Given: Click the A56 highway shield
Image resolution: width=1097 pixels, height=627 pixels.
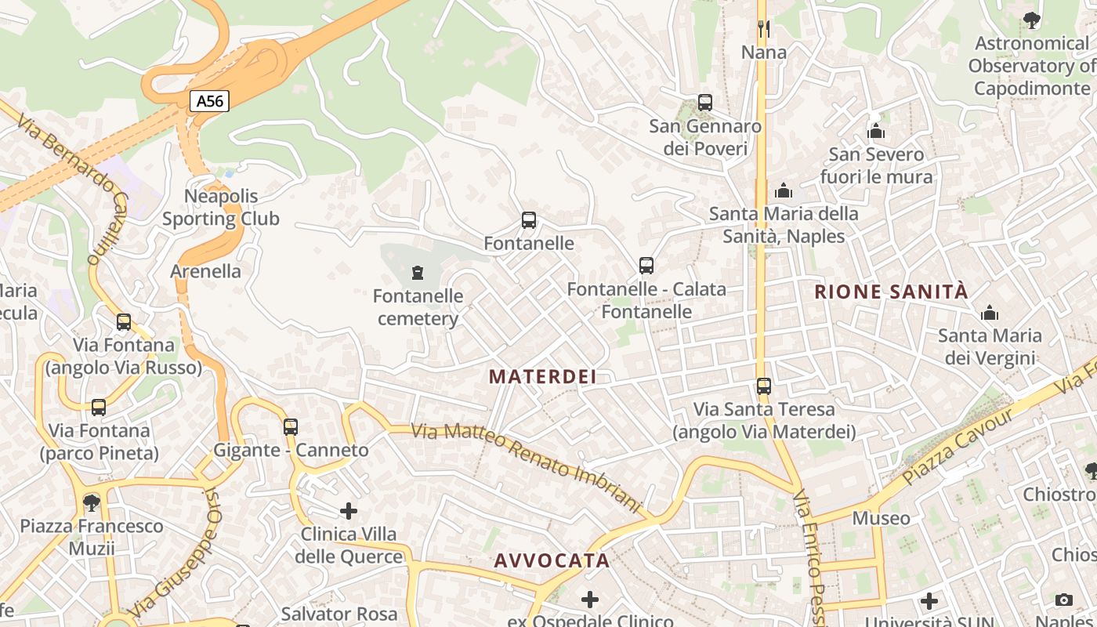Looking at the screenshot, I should point(209,101).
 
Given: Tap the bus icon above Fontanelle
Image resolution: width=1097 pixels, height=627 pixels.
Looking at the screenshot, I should point(529,220).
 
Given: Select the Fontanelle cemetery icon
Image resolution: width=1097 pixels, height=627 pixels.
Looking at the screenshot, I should point(418,273).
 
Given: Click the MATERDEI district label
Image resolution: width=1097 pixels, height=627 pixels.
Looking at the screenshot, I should point(543,377).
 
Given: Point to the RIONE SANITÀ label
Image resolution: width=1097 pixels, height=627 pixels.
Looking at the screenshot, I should point(891,292).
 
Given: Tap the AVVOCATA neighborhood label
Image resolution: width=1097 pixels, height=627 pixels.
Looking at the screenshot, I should point(552,561).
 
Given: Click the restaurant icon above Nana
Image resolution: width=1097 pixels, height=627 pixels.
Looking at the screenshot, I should point(764,29).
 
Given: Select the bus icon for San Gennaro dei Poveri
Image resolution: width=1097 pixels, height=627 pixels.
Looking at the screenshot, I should point(704,103).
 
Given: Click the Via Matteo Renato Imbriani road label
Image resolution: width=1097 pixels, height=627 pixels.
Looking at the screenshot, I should point(527,467).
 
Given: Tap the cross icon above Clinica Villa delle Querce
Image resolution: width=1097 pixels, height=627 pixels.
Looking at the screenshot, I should point(349,511).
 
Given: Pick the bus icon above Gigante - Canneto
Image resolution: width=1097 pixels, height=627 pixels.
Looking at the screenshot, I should point(291,427).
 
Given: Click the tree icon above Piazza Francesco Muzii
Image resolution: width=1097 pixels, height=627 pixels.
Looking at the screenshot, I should point(92,502).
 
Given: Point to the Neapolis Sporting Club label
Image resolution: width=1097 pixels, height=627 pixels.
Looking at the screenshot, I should point(221,208).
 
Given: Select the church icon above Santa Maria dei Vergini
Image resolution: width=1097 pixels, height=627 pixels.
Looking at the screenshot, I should point(990,313).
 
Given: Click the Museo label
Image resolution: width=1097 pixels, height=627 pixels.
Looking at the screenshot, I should point(881,519).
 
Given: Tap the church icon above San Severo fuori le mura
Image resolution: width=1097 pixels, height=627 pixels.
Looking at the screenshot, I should point(876,131).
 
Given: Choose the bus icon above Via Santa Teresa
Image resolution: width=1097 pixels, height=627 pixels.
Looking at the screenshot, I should point(764,386).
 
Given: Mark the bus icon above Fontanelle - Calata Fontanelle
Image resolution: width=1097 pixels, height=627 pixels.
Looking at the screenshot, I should point(646,266).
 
